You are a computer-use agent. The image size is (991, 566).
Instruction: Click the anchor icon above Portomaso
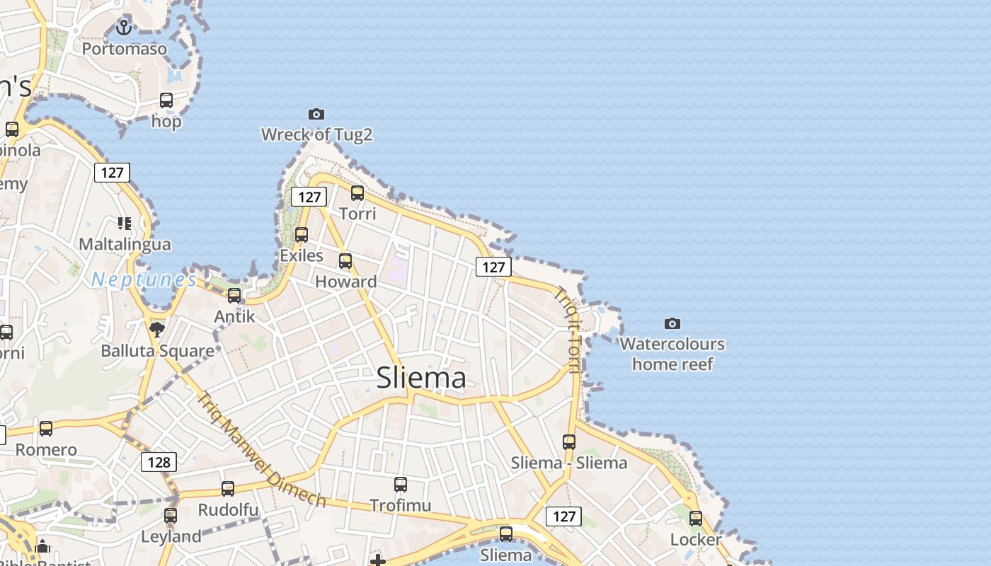[x=124, y=28]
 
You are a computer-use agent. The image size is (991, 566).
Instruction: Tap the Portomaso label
[x=125, y=49]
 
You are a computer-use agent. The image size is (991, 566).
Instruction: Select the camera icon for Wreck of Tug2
[x=316, y=114]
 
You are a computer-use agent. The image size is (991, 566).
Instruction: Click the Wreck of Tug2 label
[x=316, y=134]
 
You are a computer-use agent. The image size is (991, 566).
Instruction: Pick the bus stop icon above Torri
[x=357, y=192]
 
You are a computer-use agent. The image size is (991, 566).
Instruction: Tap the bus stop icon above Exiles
[x=302, y=234]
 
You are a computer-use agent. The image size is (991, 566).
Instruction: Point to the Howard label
[x=345, y=282]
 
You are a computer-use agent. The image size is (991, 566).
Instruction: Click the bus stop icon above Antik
[x=234, y=295]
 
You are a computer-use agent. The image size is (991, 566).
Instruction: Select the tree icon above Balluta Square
[x=157, y=329]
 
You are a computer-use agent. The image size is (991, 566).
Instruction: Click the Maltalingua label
[x=125, y=245]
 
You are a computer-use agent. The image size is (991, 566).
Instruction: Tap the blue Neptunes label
[x=144, y=279]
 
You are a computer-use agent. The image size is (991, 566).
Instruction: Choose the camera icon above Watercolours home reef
[x=672, y=324]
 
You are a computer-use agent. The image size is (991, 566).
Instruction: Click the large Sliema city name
[x=421, y=378]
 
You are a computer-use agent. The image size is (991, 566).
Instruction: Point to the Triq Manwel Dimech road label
[x=261, y=450]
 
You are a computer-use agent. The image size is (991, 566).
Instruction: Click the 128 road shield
[x=159, y=462]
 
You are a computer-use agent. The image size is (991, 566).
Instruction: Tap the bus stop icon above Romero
[x=46, y=428]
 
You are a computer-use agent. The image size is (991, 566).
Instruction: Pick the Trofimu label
[x=400, y=506]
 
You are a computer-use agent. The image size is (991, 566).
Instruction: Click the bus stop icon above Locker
[x=696, y=519]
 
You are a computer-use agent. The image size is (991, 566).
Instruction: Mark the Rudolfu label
[x=228, y=510]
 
